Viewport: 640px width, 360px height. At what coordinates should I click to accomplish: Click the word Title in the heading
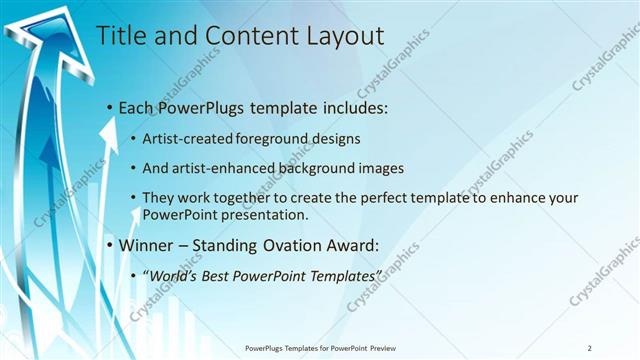[118, 36]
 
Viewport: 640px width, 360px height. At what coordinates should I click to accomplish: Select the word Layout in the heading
[341, 36]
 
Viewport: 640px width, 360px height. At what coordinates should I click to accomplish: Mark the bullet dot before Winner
[110, 245]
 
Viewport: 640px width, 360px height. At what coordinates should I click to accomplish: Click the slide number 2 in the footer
[589, 348]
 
